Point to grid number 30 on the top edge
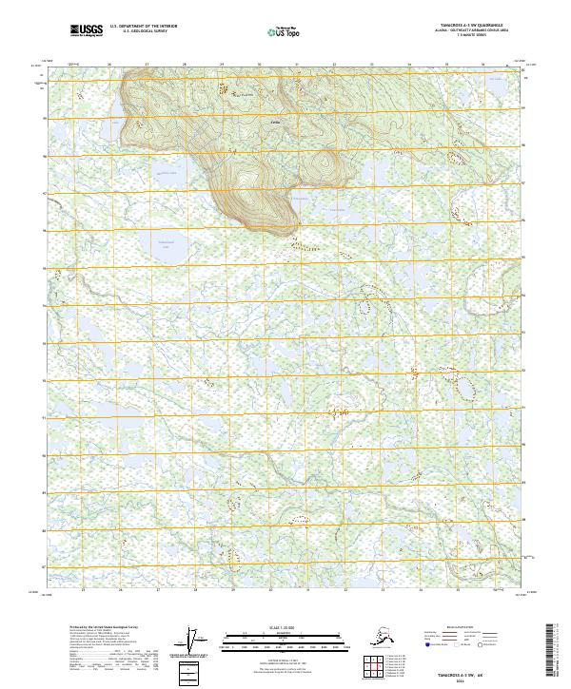tap(259, 65)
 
